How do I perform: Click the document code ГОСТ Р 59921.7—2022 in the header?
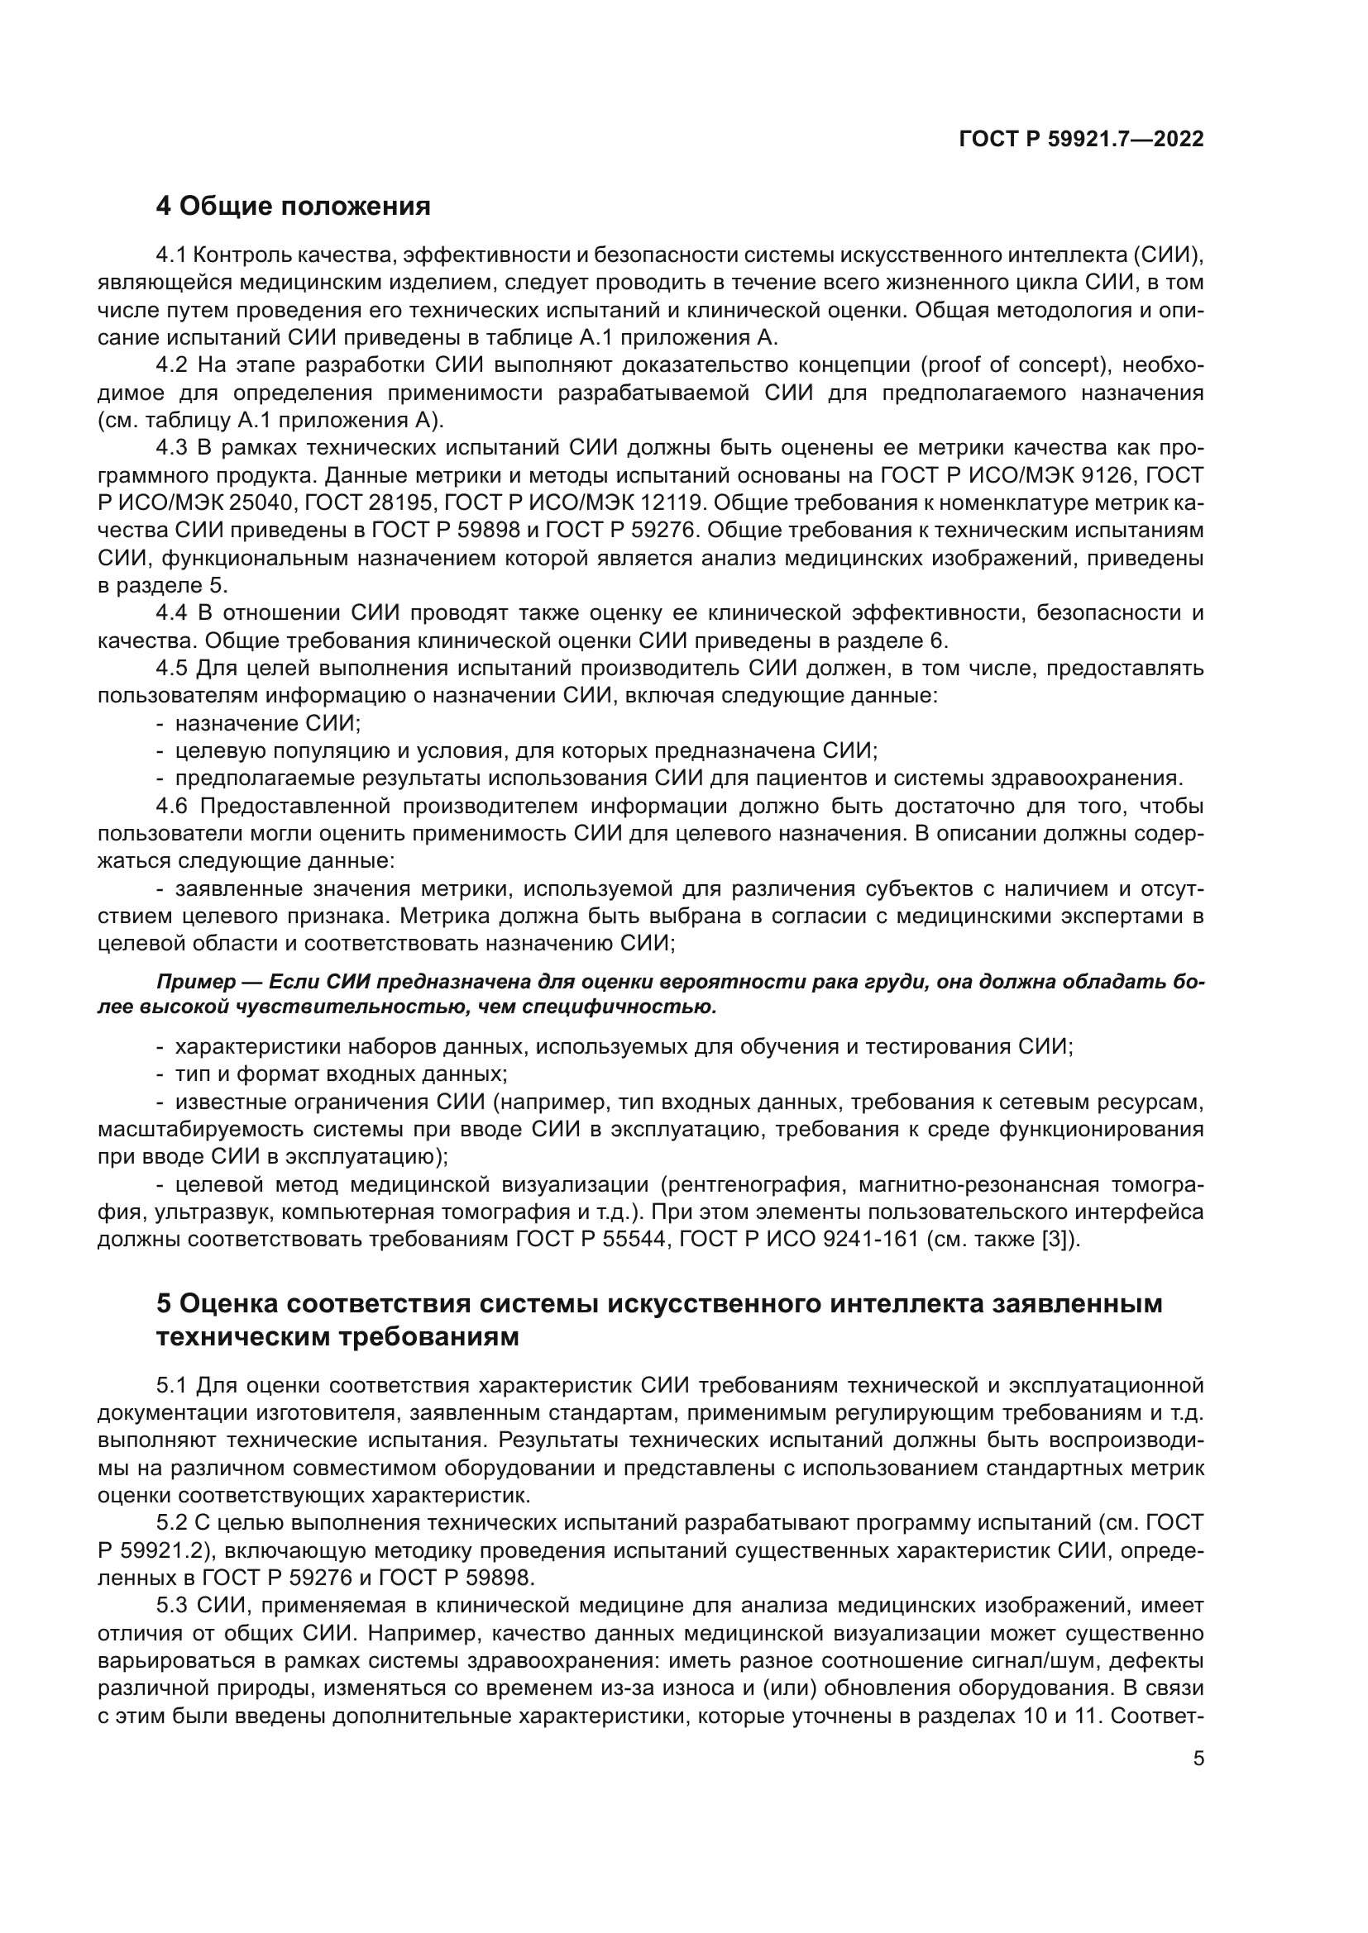pos(1081,139)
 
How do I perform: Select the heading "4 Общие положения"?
pos(293,207)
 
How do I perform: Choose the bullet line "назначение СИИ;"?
pos(267,723)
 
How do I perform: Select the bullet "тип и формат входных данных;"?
pos(340,1074)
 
